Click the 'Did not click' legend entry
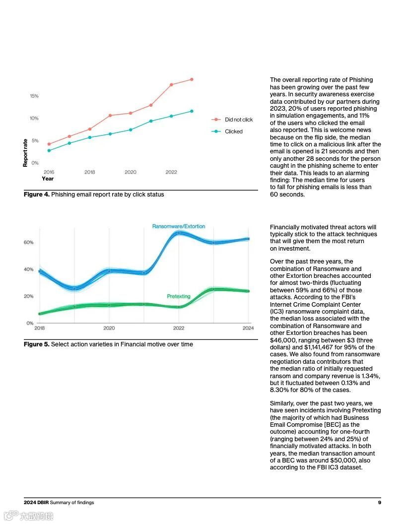238,120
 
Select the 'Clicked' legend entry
233,131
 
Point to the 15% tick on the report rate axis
34,96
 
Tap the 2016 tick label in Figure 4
49,172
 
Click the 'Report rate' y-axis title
25,153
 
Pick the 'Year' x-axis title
48,179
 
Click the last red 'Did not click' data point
192,79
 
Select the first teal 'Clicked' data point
49,150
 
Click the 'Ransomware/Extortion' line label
178,227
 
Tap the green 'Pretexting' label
179,296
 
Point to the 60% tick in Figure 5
28,243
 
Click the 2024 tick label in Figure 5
248,328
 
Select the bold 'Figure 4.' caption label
37,195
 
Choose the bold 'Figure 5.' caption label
37,344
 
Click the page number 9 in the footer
379,503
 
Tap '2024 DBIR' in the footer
36,503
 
